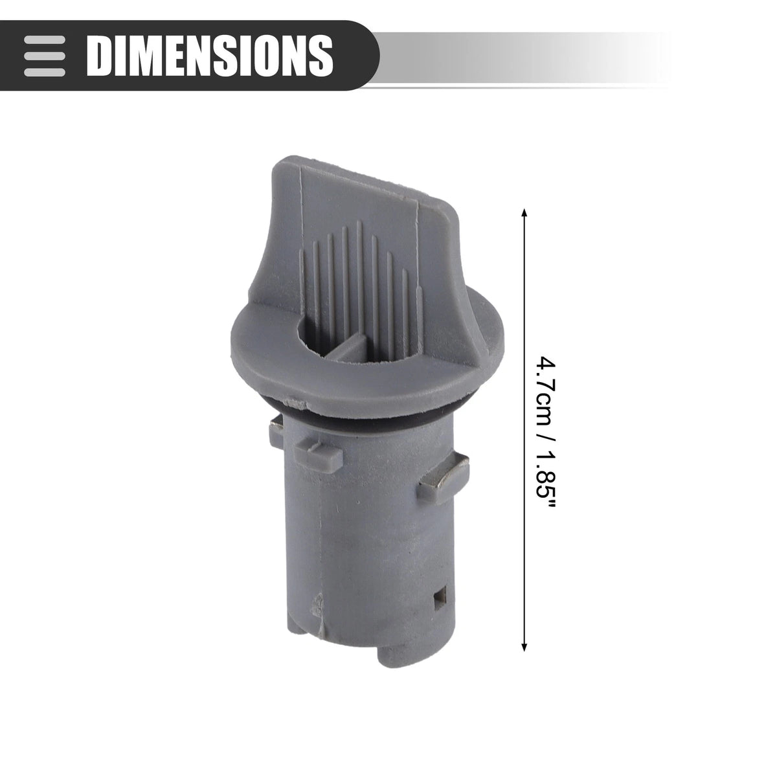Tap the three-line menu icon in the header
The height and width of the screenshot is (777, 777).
[45, 56]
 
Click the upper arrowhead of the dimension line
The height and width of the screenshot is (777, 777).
[524, 213]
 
